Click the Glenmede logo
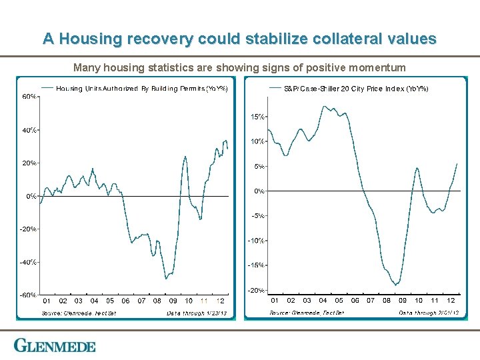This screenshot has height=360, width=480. (x=55, y=346)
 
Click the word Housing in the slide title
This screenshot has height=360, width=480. (x=86, y=39)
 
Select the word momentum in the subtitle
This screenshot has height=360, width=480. (x=378, y=67)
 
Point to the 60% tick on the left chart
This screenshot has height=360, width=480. (x=30, y=97)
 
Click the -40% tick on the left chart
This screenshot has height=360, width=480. (x=29, y=262)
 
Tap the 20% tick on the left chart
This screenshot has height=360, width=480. (x=30, y=163)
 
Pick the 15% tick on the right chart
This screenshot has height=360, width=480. (x=258, y=117)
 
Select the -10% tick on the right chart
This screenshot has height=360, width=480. (x=257, y=240)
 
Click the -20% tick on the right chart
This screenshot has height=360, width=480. (x=257, y=290)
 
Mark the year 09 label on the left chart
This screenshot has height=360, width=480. (x=173, y=301)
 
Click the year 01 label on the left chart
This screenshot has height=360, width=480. (x=47, y=301)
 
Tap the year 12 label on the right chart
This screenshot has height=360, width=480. (x=451, y=301)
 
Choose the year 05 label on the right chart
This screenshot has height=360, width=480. (x=339, y=301)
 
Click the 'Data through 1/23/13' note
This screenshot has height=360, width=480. (x=197, y=313)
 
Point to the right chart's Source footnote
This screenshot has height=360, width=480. (x=307, y=312)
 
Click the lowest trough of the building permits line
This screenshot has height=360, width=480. (x=165, y=279)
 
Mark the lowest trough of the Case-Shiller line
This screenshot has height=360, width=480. (x=396, y=285)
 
